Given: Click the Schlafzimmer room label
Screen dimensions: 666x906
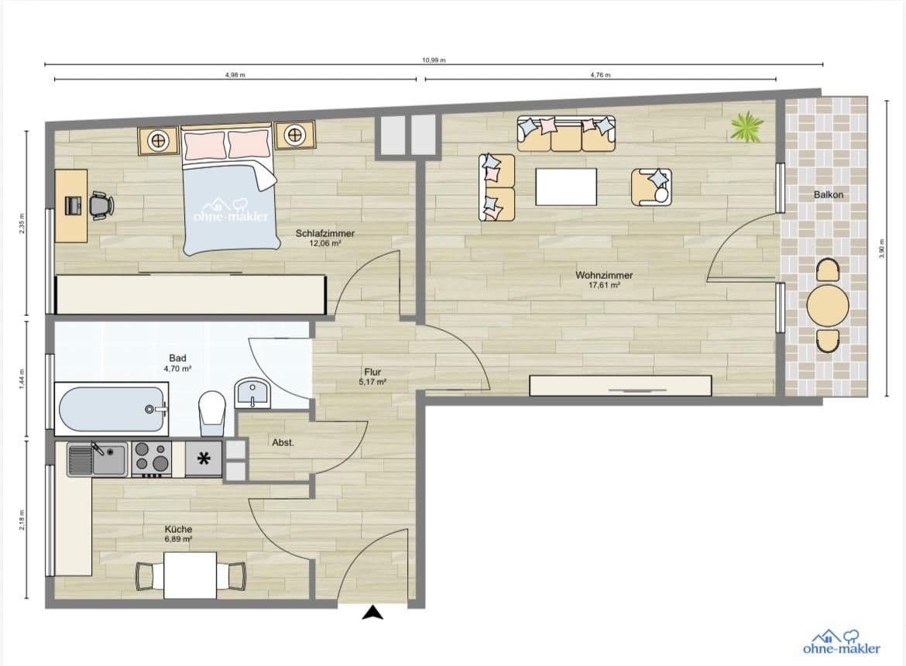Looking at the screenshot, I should [319, 233].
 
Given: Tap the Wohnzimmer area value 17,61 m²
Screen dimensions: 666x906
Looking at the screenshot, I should [604, 285].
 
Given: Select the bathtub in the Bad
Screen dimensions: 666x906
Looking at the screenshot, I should [112, 409].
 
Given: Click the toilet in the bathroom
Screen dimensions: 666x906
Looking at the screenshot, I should [211, 411].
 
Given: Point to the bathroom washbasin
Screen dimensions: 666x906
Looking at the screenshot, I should [252, 393].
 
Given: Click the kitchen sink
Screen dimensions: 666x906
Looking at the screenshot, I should [97, 458].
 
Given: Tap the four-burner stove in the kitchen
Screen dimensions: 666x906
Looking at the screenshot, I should [151, 458].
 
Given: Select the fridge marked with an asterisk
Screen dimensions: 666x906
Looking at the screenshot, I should [204, 459].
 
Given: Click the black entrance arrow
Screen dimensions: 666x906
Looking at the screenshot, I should [373, 613].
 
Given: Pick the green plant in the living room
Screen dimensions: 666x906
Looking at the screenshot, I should [746, 126].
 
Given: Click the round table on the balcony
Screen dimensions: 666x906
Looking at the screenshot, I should [828, 306].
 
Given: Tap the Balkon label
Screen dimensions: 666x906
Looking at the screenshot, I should [828, 195].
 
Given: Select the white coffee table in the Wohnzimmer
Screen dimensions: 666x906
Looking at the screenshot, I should [566, 187].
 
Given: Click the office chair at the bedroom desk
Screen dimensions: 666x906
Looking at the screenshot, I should [100, 205].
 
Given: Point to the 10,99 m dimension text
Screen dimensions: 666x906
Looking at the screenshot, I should [434, 60].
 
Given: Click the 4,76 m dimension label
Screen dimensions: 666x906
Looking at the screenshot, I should [600, 75].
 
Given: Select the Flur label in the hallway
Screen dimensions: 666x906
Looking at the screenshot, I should [372, 372].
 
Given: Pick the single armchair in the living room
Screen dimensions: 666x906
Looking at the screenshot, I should [651, 187].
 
